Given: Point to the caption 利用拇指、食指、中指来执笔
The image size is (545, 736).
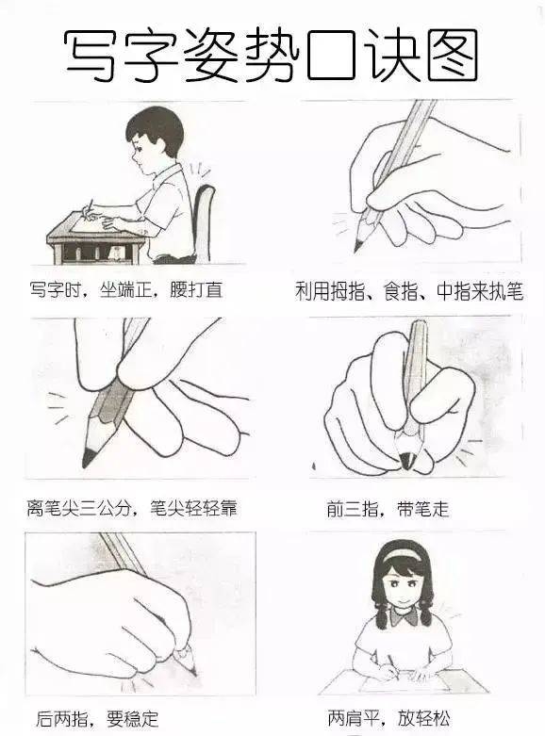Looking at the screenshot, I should click(x=408, y=292).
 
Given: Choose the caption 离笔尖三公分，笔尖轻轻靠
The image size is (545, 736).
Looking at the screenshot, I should click(x=131, y=509).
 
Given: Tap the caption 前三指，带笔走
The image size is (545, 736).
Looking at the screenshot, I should click(x=388, y=510).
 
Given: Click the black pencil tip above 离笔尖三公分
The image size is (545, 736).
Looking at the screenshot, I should click(x=89, y=458).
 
